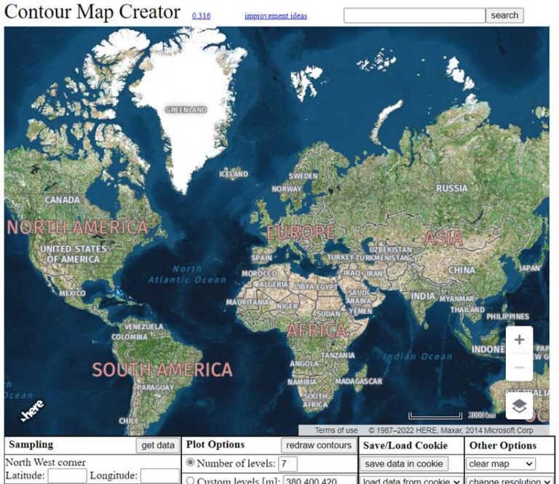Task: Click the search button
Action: tap(504, 15)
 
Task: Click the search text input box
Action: tap(414, 15)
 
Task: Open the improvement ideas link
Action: tap(276, 16)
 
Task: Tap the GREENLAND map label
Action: tap(186, 110)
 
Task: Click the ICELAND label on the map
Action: tap(234, 174)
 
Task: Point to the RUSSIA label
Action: tap(452, 189)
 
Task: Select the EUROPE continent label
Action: tap(301, 233)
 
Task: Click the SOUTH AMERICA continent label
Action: tap(162, 370)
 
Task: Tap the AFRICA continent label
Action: tap(317, 331)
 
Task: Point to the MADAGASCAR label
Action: tap(359, 381)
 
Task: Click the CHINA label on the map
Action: tap(461, 270)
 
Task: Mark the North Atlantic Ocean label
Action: tap(187, 274)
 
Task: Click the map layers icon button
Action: tap(519, 407)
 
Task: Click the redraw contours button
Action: tap(319, 445)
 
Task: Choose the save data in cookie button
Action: tap(404, 464)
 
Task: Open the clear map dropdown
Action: tap(501, 464)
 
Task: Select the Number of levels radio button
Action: tap(191, 463)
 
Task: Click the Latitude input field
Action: tap(67, 476)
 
